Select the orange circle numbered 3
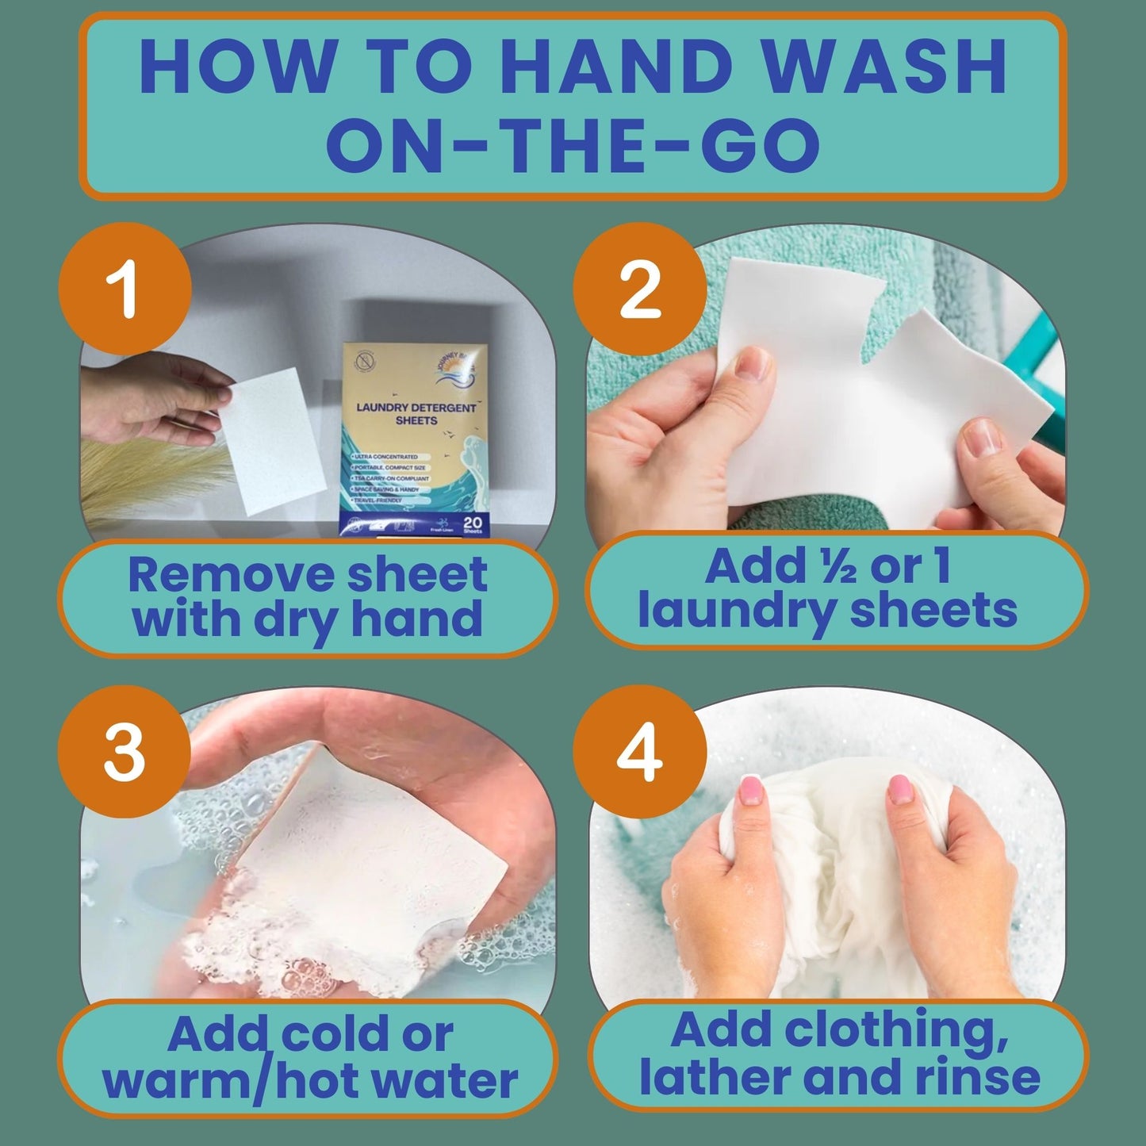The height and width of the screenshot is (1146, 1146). pyautogui.click(x=125, y=752)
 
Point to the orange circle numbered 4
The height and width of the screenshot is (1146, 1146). pyautogui.click(x=640, y=752)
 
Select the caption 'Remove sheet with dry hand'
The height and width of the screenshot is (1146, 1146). pyautogui.click(x=308, y=596)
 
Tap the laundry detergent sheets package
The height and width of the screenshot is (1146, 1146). pyautogui.click(x=416, y=436)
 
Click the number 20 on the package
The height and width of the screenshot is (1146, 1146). pyautogui.click(x=473, y=523)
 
